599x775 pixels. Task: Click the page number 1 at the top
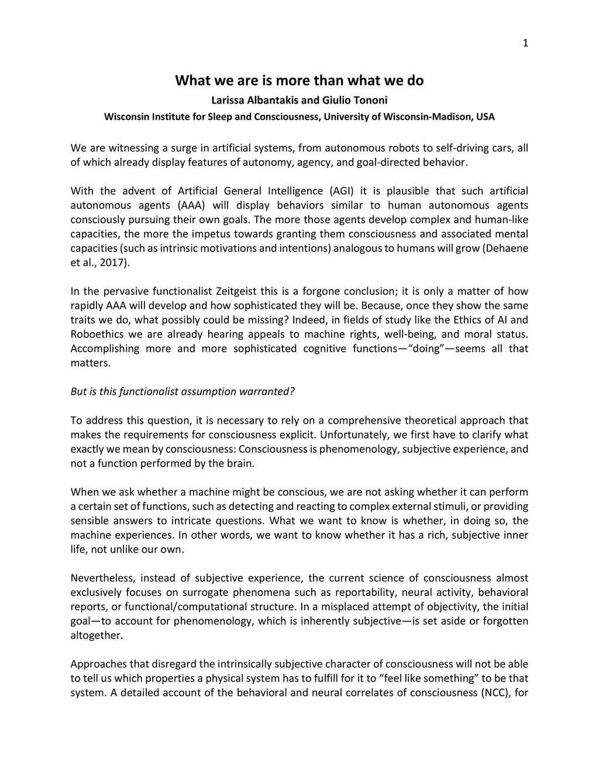pyautogui.click(x=525, y=43)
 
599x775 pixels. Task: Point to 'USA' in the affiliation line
pyautogui.click(x=485, y=116)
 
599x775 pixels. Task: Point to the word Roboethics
pyautogui.click(x=97, y=335)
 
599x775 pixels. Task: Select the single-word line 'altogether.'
pyautogui.click(x=97, y=635)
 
